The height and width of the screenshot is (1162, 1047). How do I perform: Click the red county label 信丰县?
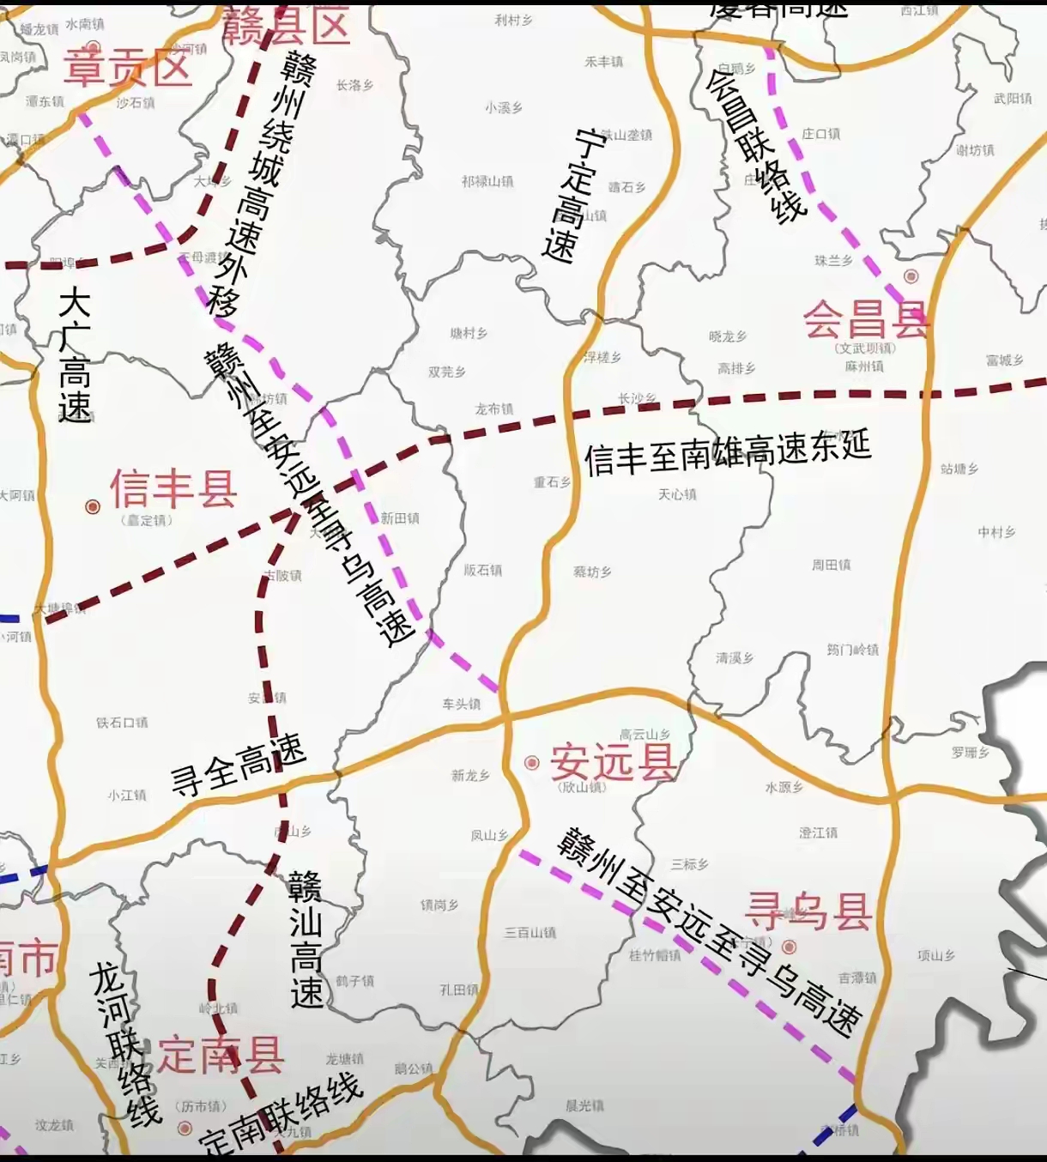173,489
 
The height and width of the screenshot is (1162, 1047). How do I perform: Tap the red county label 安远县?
613,761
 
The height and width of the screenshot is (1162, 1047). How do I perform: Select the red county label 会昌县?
865,320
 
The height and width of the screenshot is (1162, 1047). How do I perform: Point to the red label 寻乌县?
808,911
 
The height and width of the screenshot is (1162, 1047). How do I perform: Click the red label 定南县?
220,1055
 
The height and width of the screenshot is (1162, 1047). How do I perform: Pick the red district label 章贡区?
127,67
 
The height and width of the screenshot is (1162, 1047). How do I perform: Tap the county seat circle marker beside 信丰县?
93,507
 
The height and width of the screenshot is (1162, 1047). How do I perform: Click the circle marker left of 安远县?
532,762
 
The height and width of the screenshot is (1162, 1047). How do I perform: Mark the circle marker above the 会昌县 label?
911,276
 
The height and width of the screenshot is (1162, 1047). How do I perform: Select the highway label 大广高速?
75,355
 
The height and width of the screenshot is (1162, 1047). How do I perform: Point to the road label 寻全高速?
238,765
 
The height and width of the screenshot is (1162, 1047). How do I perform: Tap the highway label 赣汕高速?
306,940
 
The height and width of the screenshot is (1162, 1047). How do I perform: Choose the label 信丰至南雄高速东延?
727,451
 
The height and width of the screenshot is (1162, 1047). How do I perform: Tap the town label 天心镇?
677,494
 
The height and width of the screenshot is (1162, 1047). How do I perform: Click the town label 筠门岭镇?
852,650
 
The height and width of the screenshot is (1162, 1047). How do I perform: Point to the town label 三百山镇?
530,932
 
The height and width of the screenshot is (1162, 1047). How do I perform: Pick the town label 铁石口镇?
122,723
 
